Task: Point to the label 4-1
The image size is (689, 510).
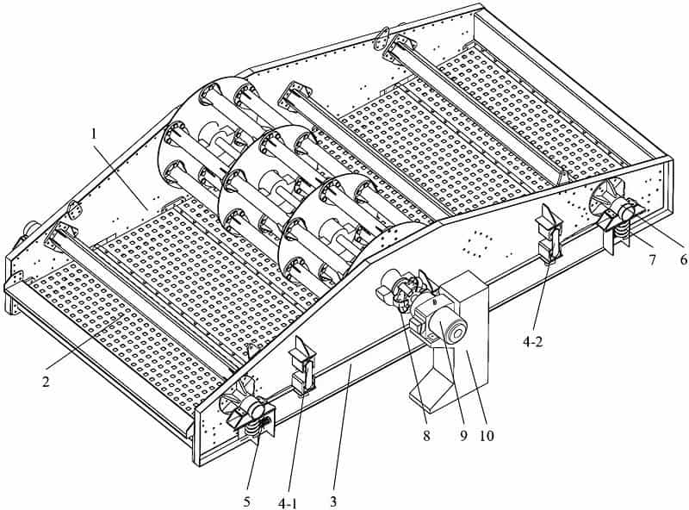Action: point(289,499)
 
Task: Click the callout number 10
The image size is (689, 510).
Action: point(487,437)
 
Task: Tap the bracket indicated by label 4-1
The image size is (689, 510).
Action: point(303,367)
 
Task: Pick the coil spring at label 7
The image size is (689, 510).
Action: point(619,227)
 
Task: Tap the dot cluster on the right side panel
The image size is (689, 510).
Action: point(475,243)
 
